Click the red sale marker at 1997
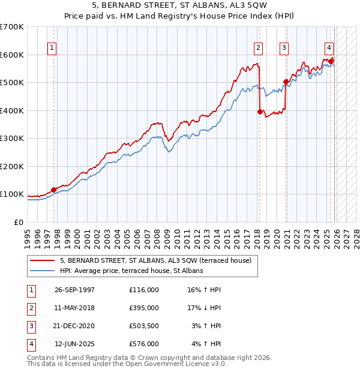click(53, 190)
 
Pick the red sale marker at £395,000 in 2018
click(259, 112)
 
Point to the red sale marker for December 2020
click(286, 82)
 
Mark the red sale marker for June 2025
click(331, 61)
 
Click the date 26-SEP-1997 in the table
click(74, 289)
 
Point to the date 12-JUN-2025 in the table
click(74, 344)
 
